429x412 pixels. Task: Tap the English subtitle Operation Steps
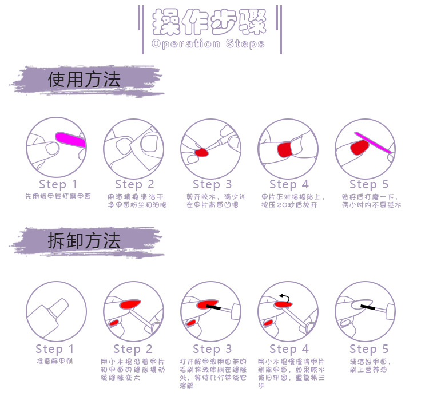pos(208,44)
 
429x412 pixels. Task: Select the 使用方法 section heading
pos(84,80)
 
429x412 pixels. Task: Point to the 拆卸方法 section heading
pos(84,241)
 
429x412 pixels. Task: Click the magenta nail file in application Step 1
pos(70,138)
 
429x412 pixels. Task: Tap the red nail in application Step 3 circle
pos(201,153)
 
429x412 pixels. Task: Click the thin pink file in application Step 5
pos(372,142)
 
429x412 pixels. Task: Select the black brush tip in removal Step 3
pos(213,307)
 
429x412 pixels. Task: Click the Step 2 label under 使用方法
pos(134,184)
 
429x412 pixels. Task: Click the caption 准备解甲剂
pos(55,362)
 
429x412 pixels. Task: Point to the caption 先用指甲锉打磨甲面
pos(58,196)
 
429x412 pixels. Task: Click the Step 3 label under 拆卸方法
pos(212,349)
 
